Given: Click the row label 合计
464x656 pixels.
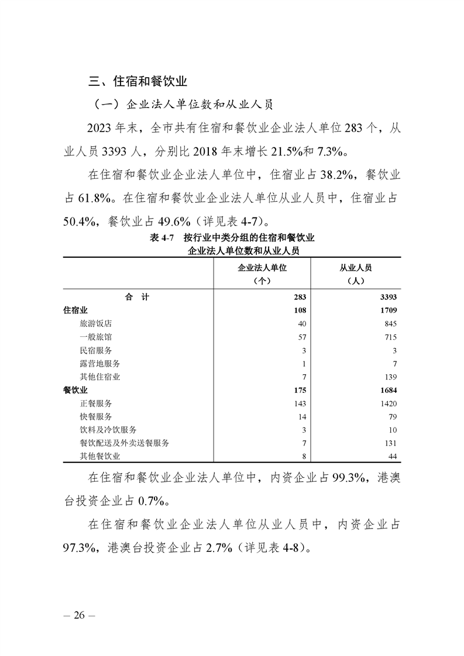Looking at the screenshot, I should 137,297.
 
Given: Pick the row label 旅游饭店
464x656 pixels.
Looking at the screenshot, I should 95,324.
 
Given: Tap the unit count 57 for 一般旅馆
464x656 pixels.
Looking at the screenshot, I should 302,337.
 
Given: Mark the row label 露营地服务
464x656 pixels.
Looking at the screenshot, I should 99,364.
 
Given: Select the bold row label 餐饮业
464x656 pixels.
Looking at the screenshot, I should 75,390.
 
